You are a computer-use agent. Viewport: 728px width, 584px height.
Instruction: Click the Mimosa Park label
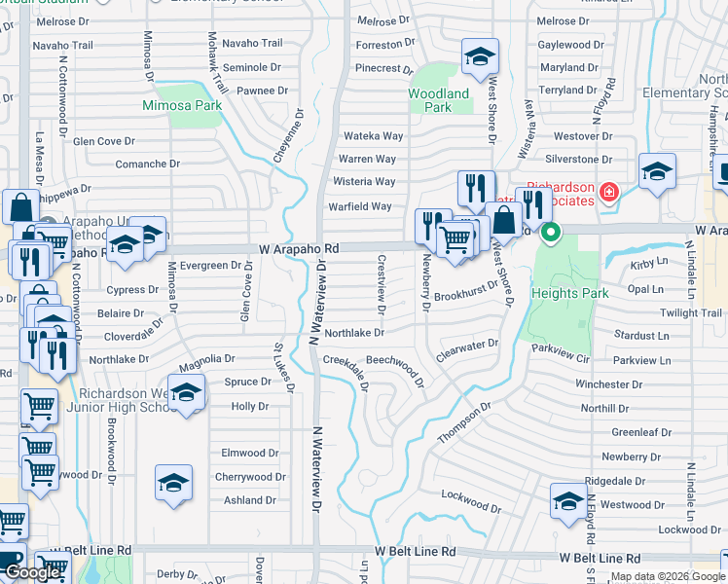click(x=182, y=104)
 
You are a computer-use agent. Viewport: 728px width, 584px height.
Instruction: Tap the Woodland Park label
click(x=438, y=100)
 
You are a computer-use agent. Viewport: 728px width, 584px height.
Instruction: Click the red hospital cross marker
click(x=608, y=193)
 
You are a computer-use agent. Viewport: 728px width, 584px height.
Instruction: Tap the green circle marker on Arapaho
click(x=550, y=233)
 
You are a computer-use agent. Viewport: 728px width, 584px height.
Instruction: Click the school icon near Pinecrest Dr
click(x=479, y=57)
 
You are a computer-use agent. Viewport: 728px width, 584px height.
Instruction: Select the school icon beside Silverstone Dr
click(x=657, y=172)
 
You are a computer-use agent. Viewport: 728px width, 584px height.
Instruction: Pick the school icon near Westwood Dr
click(x=568, y=500)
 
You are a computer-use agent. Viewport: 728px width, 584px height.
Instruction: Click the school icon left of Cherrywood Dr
click(x=173, y=482)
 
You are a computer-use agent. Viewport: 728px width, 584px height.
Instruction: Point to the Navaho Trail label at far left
click(x=62, y=45)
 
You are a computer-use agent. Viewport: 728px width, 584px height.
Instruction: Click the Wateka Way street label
click(x=371, y=136)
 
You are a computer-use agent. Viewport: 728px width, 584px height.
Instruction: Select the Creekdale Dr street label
click(x=346, y=371)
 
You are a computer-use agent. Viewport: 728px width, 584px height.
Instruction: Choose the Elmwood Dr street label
click(x=250, y=453)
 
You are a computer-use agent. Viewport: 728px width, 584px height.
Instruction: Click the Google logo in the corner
click(x=32, y=572)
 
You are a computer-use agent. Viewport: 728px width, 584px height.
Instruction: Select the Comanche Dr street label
click(x=147, y=164)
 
